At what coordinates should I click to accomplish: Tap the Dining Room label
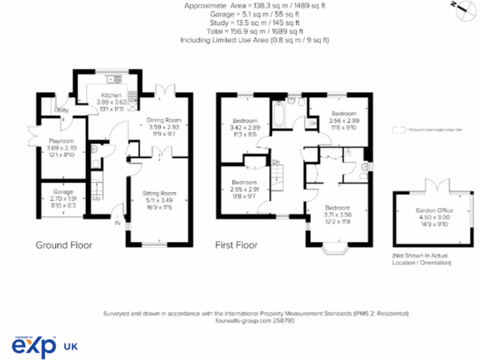(x=164, y=120)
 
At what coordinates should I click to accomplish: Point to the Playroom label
(x=61, y=141)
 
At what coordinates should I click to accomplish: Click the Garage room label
(x=63, y=192)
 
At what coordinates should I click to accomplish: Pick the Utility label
(x=61, y=111)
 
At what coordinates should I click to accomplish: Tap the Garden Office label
(x=434, y=210)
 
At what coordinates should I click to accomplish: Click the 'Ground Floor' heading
(x=64, y=245)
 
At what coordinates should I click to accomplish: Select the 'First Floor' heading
(x=236, y=245)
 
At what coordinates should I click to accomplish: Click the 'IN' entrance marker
(x=117, y=223)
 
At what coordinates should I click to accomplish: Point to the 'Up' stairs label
(x=96, y=198)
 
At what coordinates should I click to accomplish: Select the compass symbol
(x=467, y=9)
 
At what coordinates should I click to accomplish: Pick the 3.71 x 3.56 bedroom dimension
(x=337, y=214)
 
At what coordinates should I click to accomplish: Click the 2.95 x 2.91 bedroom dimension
(x=244, y=189)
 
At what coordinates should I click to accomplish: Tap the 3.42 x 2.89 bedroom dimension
(x=244, y=127)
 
